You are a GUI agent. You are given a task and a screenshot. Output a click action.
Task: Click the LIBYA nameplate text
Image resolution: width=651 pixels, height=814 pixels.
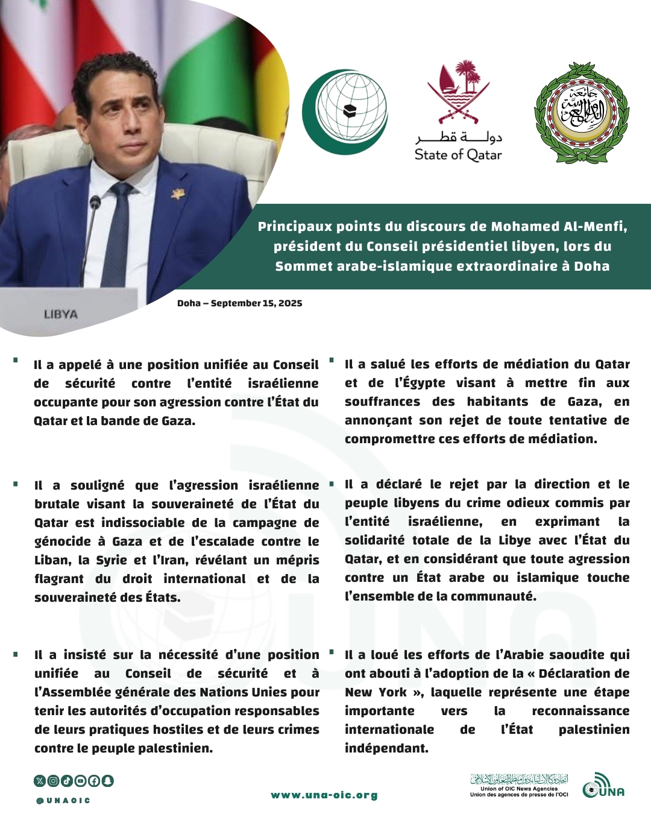(x=61, y=314)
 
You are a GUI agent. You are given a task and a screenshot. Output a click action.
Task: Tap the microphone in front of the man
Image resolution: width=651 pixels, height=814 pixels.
(x=94, y=205)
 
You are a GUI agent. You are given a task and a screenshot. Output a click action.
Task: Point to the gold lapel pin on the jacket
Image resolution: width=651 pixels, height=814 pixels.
(x=177, y=194)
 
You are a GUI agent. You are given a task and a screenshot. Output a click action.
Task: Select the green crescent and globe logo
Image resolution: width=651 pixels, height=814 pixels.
(x=345, y=112)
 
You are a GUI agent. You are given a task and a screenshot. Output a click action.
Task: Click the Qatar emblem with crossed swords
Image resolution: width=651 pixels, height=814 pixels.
(x=458, y=91)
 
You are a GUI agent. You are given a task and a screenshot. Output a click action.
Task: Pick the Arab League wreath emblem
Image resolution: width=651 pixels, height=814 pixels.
(x=582, y=113)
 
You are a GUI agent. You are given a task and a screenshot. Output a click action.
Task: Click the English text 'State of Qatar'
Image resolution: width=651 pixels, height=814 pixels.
(x=458, y=155)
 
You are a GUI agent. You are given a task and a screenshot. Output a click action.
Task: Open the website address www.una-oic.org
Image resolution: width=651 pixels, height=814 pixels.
(x=324, y=795)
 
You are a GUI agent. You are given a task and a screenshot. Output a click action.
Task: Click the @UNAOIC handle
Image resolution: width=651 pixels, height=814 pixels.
(x=63, y=801)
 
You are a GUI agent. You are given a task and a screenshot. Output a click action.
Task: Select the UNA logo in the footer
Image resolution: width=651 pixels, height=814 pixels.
(x=603, y=786)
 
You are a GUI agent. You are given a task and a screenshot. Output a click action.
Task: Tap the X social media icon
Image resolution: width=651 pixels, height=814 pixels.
(x=40, y=781)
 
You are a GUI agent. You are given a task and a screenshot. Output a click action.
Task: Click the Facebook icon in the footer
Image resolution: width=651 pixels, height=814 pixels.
(x=94, y=781)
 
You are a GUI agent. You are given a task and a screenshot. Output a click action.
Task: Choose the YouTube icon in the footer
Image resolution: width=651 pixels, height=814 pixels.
(x=80, y=781)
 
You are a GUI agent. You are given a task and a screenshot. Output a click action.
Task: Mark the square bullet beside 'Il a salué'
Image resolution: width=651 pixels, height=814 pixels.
(x=332, y=361)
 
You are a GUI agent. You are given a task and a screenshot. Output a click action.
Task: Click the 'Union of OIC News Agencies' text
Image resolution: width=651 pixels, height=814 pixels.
(x=519, y=789)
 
